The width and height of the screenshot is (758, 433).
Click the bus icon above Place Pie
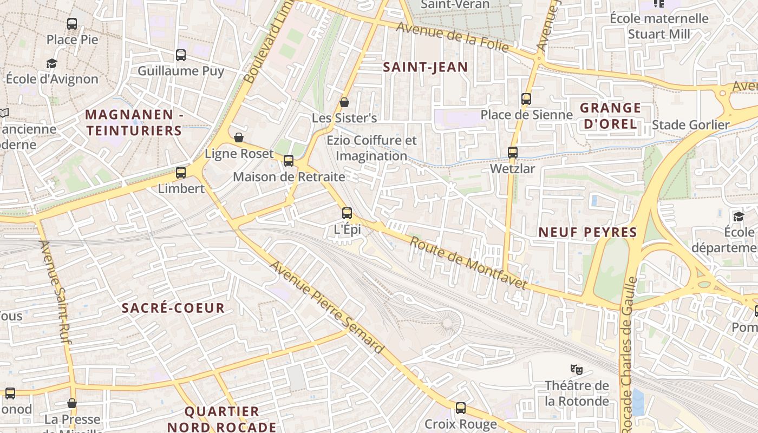point(72,24)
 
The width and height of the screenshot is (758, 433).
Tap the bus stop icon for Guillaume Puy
point(181,55)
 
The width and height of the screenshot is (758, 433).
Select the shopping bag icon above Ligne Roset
point(238,137)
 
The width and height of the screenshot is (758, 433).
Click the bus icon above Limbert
point(181,173)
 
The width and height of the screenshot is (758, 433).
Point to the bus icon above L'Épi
point(347,213)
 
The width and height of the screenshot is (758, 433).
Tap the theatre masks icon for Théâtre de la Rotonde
point(577,370)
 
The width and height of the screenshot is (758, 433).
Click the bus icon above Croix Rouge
point(461,408)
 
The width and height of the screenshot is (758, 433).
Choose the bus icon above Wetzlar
point(513,153)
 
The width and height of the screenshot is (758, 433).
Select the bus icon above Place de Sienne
point(526,99)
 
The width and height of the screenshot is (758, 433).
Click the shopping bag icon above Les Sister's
point(344,102)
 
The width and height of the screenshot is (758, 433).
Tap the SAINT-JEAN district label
point(425,67)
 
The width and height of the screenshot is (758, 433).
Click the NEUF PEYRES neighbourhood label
point(587,233)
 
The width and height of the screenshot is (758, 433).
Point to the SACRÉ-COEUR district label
point(173,309)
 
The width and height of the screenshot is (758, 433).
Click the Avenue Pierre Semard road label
point(327,307)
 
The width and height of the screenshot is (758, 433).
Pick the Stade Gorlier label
point(691,125)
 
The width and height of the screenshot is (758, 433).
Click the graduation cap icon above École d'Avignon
point(52,64)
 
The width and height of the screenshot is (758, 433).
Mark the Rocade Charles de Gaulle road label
point(628,352)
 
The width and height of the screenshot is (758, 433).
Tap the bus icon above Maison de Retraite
point(289,161)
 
